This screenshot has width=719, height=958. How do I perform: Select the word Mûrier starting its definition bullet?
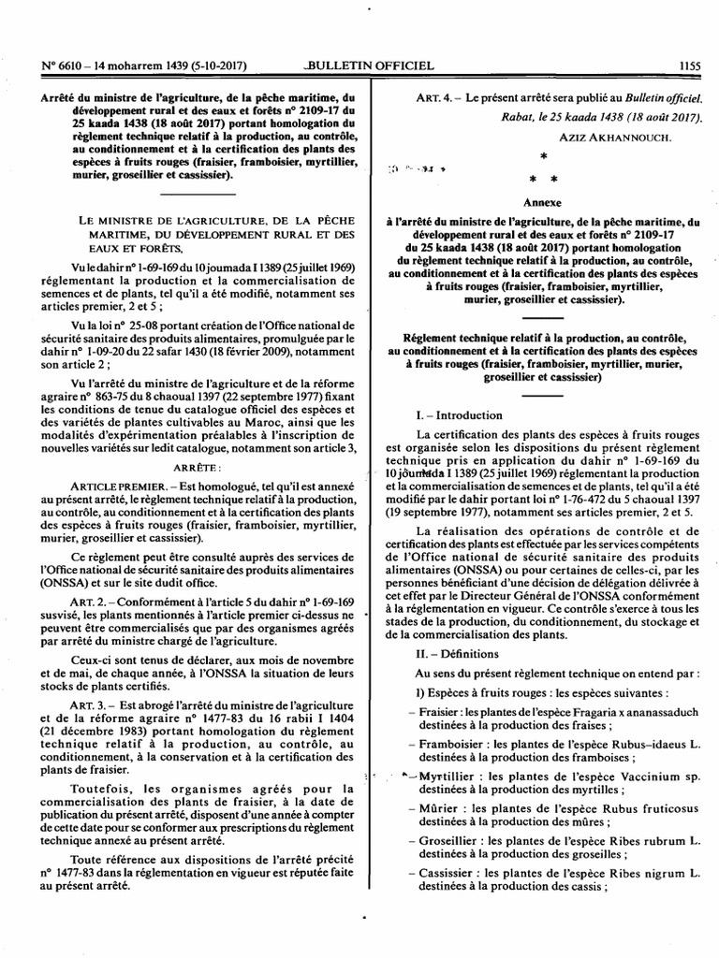pyautogui.click(x=441, y=807)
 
